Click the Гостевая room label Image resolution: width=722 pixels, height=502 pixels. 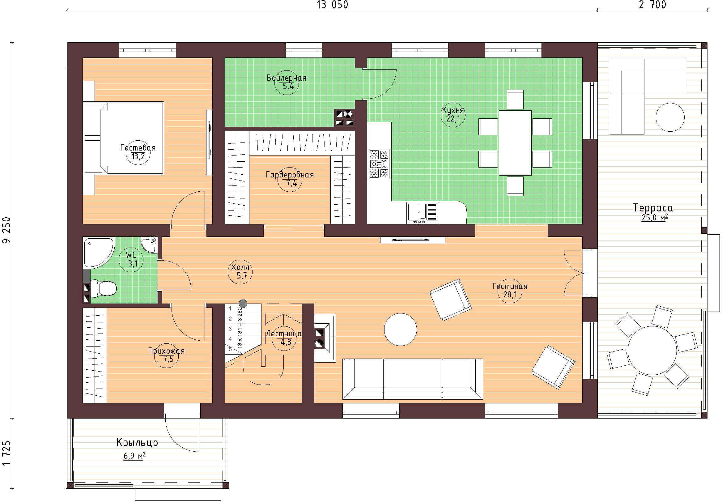pos(138,147)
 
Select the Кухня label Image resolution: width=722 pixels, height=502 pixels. pos(453,110)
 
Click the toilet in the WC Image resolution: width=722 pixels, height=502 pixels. pos(104,288)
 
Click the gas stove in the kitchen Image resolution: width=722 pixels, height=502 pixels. pos(379,164)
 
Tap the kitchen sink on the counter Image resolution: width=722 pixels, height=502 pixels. pos(423,213)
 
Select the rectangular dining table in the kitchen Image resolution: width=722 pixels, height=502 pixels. pos(515,143)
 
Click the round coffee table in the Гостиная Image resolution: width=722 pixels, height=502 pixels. pos(400,329)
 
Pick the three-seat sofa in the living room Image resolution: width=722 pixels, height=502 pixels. pos(413,379)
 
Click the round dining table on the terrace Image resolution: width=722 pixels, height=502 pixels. pos(652,351)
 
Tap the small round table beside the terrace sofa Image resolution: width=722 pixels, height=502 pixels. pos(670,117)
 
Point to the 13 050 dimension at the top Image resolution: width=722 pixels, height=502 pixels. pos(332,5)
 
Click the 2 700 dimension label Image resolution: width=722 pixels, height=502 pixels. pos(652,5)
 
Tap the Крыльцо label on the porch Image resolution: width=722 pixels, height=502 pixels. pos(137,443)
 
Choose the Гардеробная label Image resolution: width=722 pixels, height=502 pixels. pos(290,175)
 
